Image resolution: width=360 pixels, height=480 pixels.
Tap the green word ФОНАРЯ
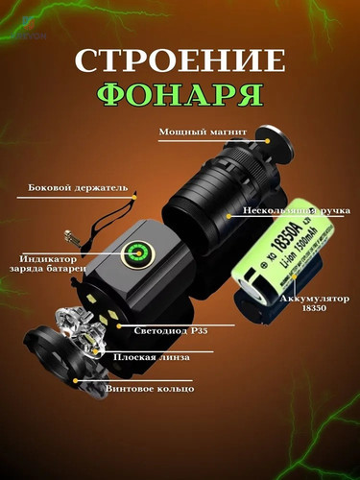(180, 96)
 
